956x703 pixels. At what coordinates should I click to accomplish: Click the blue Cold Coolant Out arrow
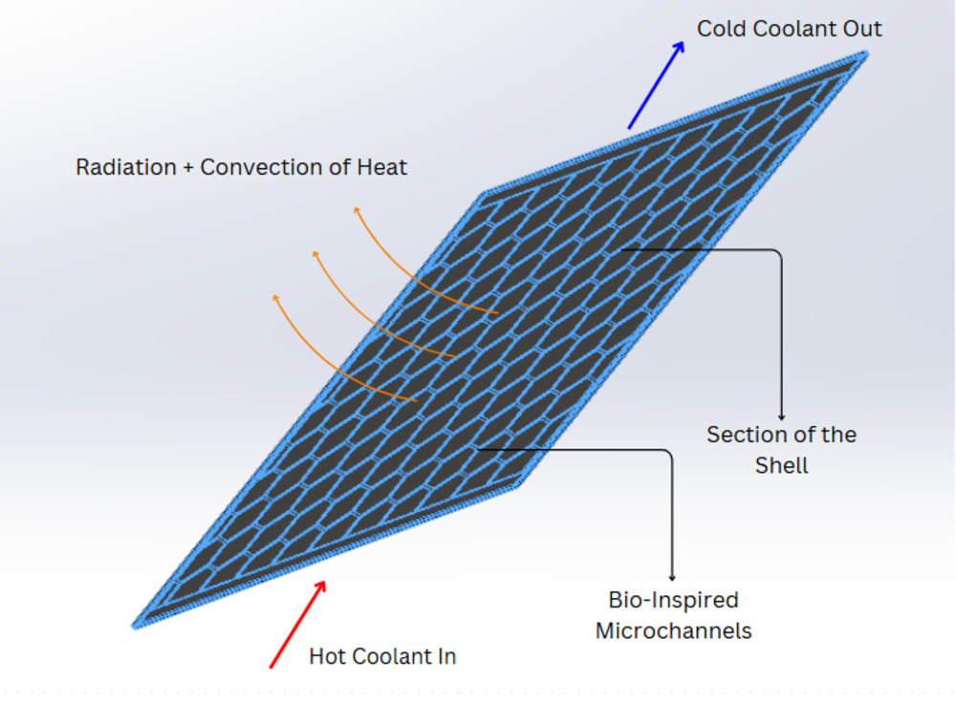pyautogui.click(x=657, y=85)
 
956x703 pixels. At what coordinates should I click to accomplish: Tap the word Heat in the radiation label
pyautogui.click(x=381, y=167)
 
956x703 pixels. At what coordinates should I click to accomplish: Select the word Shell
pyautogui.click(x=781, y=465)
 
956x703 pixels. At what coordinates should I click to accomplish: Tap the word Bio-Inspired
pyautogui.click(x=673, y=600)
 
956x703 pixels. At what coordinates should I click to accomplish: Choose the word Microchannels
pyautogui.click(x=673, y=630)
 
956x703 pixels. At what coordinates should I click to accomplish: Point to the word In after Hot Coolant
pyautogui.click(x=445, y=656)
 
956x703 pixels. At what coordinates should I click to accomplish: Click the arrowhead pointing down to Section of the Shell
pyautogui.click(x=781, y=415)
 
